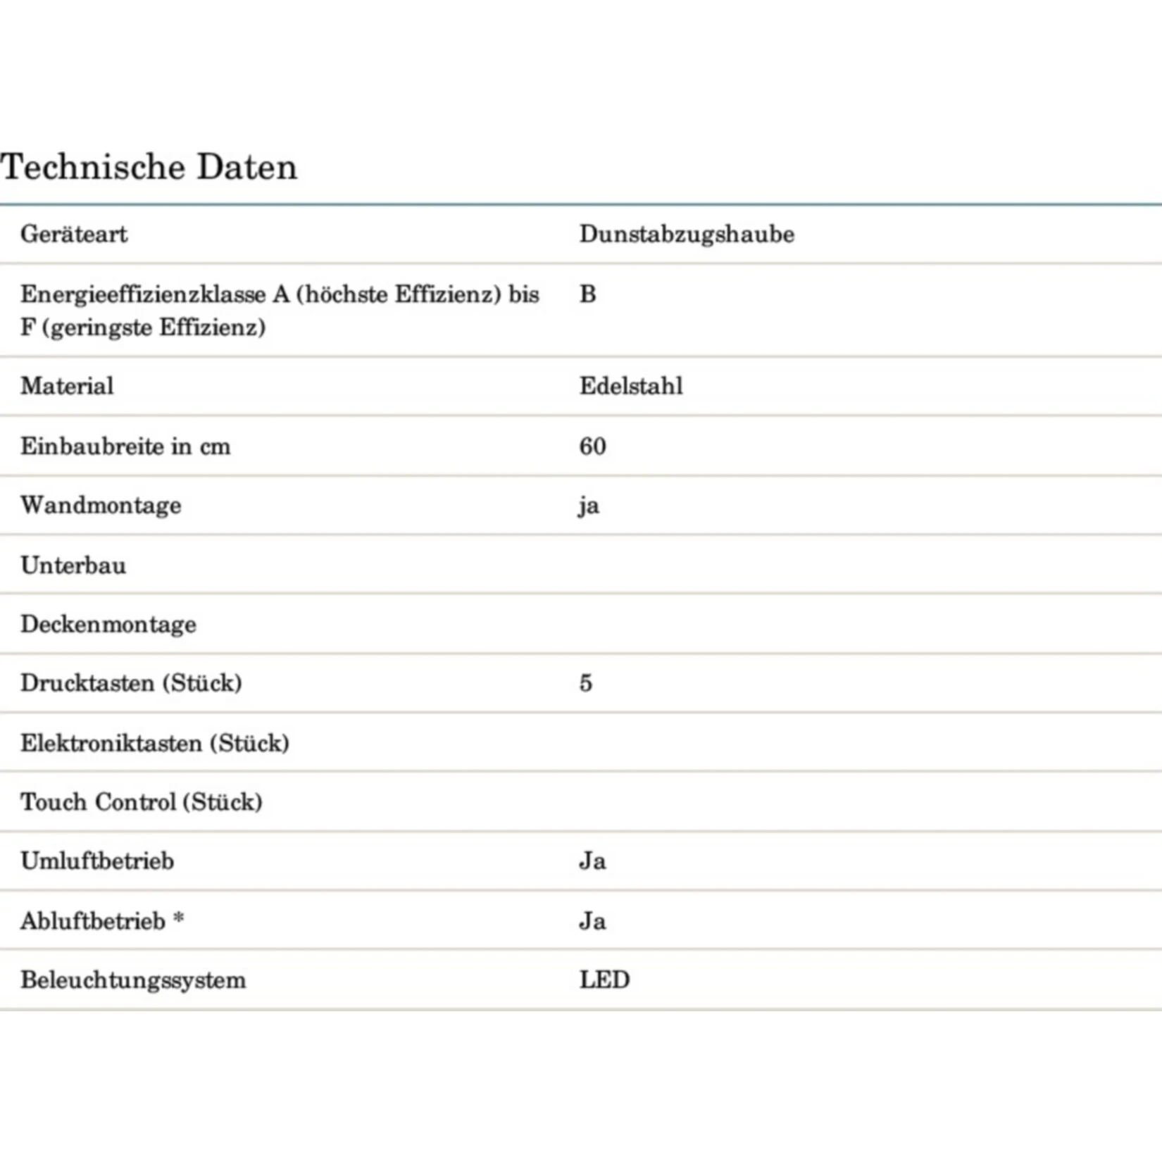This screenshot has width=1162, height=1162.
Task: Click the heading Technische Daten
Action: click(x=149, y=168)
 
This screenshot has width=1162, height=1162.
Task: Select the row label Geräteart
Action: click(x=74, y=234)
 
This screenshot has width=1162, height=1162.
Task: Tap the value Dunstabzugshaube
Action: click(x=687, y=234)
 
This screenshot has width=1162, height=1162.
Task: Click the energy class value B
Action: click(x=587, y=294)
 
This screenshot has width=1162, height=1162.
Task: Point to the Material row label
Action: click(x=67, y=386)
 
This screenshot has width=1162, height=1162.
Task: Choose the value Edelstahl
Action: click(x=631, y=386)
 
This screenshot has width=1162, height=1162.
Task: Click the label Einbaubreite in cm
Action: click(x=125, y=446)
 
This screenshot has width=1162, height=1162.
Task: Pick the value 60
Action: click(x=592, y=446)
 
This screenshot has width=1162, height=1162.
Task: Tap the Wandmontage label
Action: click(x=101, y=505)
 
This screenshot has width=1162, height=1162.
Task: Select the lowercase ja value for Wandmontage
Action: click(x=589, y=506)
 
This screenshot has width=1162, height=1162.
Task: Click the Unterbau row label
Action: click(x=73, y=565)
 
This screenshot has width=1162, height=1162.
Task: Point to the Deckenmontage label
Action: click(x=108, y=624)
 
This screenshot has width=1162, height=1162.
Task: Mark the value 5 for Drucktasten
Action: click(x=586, y=683)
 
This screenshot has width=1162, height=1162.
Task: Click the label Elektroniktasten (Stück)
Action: click(x=155, y=743)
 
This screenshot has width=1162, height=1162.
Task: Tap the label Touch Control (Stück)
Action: click(x=142, y=802)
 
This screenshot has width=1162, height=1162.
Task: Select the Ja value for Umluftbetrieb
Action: click(x=592, y=861)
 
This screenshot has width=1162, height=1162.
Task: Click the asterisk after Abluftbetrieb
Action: click(x=179, y=918)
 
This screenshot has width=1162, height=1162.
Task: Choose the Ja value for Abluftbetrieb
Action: click(x=592, y=921)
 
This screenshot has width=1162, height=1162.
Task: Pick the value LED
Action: click(x=604, y=980)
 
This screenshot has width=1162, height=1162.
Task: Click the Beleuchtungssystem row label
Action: click(x=133, y=980)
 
